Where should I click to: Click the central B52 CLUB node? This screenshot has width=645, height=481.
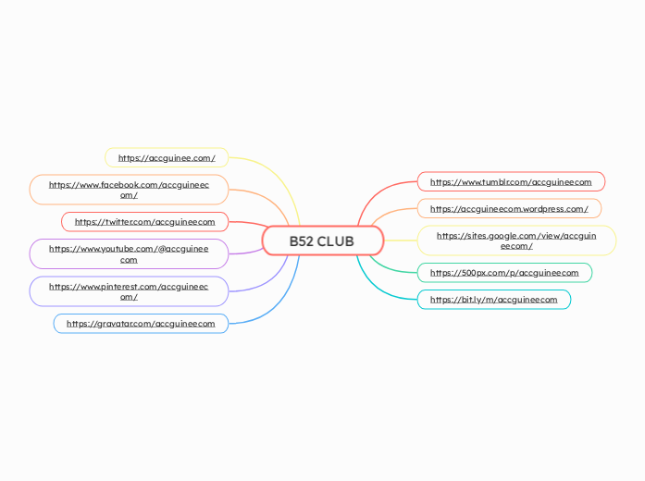[321, 241]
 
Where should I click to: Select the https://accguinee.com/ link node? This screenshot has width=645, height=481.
[167, 158]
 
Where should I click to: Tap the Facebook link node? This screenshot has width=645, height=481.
[129, 190]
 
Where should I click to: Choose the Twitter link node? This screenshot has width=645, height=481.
[144, 222]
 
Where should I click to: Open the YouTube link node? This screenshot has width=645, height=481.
[129, 254]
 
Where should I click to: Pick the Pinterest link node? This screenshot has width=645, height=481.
[129, 291]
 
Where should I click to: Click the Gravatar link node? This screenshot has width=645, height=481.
[141, 324]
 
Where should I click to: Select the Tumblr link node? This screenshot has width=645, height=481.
[511, 182]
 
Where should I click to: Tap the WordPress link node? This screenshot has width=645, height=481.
[509, 209]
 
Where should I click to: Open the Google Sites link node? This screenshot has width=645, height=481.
[516, 240]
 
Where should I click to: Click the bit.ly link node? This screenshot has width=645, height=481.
[494, 300]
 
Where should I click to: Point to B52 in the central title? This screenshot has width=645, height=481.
[301, 241]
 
